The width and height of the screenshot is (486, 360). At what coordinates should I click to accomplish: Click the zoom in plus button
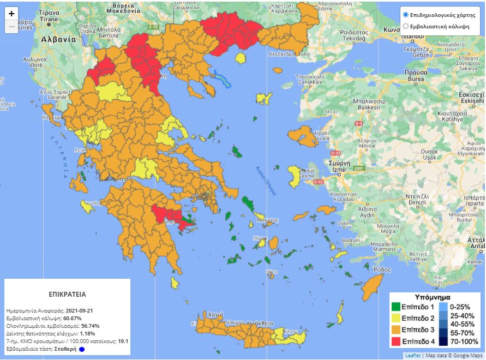12,14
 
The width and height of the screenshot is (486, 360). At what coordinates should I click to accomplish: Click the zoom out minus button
12,27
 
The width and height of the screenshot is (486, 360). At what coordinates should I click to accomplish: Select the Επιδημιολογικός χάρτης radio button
405,14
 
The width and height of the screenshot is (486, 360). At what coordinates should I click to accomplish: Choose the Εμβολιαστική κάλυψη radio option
405,26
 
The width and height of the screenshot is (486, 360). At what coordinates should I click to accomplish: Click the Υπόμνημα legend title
432,297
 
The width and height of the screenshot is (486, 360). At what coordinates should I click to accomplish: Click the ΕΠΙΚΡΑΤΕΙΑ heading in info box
67,293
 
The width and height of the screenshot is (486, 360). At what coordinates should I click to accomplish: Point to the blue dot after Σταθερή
81,349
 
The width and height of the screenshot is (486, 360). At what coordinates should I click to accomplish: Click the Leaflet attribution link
412,356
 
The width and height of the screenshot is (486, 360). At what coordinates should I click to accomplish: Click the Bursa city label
416,79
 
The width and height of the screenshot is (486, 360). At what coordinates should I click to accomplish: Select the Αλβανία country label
58,39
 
